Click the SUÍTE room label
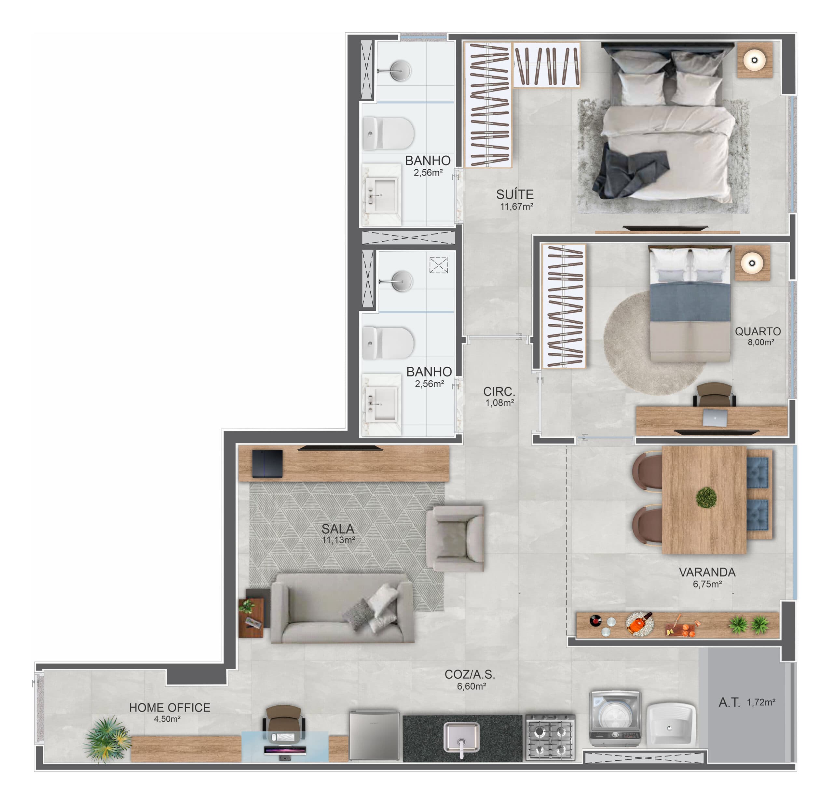tap(515, 194)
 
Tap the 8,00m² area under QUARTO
tap(761, 342)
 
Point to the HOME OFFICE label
tap(170, 708)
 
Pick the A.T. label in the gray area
tap(729, 702)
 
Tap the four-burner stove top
tap(550, 737)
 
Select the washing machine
tap(615, 719)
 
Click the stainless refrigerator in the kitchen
tap(374, 736)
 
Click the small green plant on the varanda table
tap(706, 497)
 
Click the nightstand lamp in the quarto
tap(752, 263)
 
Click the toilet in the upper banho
tap(388, 133)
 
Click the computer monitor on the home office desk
tap(285, 751)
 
